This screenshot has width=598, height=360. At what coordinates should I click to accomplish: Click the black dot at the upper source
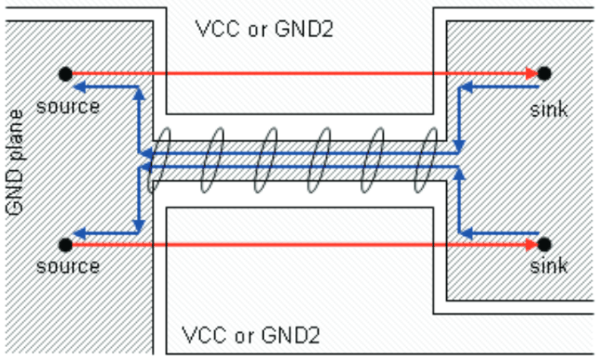[x=65, y=73]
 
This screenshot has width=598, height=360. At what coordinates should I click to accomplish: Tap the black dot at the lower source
[x=65, y=245]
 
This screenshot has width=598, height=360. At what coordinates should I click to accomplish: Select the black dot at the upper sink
[x=544, y=73]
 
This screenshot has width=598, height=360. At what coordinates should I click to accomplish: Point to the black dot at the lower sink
[x=544, y=245]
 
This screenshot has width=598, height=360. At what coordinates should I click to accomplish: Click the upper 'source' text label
[x=67, y=107]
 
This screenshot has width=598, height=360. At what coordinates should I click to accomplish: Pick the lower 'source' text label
[x=67, y=266]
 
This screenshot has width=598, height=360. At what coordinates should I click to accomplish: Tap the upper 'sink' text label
[x=549, y=110]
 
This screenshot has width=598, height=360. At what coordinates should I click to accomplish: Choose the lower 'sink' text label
[x=549, y=266]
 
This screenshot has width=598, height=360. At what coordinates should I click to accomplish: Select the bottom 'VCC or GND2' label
[x=251, y=335]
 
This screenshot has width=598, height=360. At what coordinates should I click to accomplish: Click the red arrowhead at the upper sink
[x=532, y=73]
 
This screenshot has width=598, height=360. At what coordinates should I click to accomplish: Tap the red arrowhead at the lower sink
[x=532, y=245]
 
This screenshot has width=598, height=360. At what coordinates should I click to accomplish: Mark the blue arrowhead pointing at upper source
[x=80, y=87]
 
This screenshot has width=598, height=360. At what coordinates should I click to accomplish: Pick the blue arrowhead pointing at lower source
[x=80, y=233]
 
